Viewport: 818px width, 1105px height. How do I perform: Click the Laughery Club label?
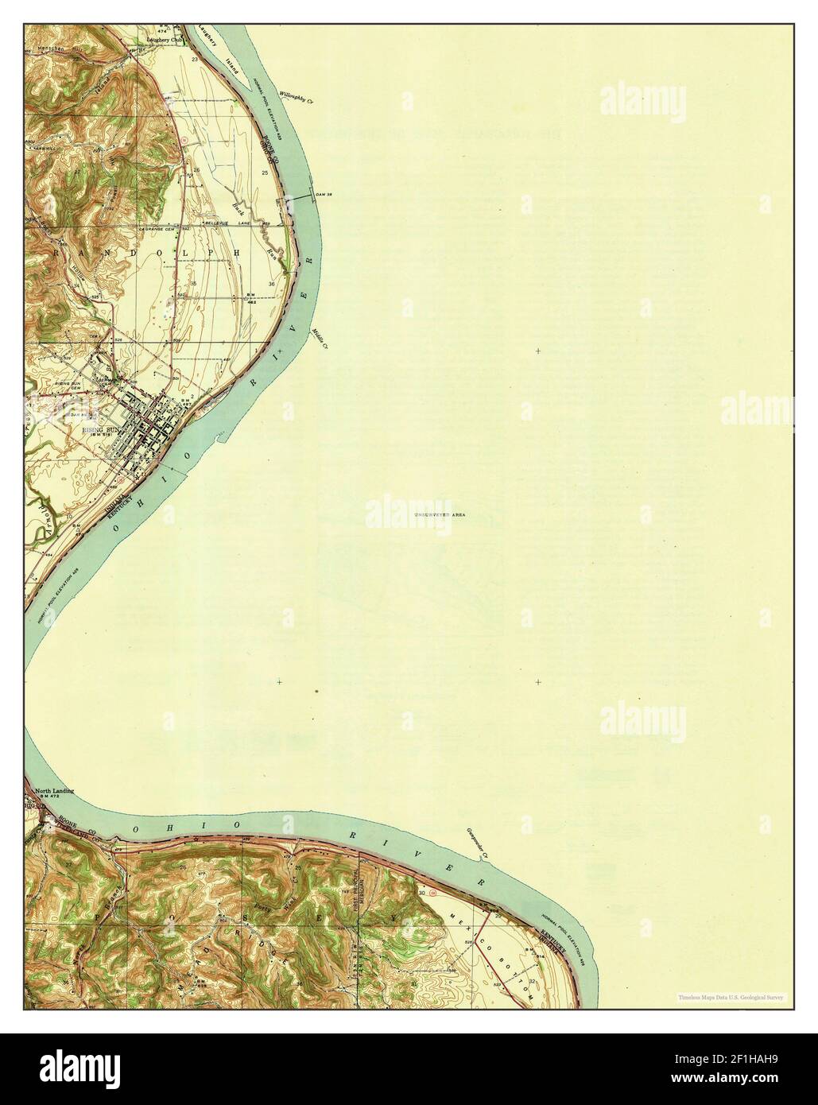point(165,38)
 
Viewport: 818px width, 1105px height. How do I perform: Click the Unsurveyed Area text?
point(439,515)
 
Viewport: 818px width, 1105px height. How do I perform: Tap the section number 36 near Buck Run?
point(272,284)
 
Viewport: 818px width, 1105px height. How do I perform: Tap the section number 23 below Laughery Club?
point(195,60)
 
